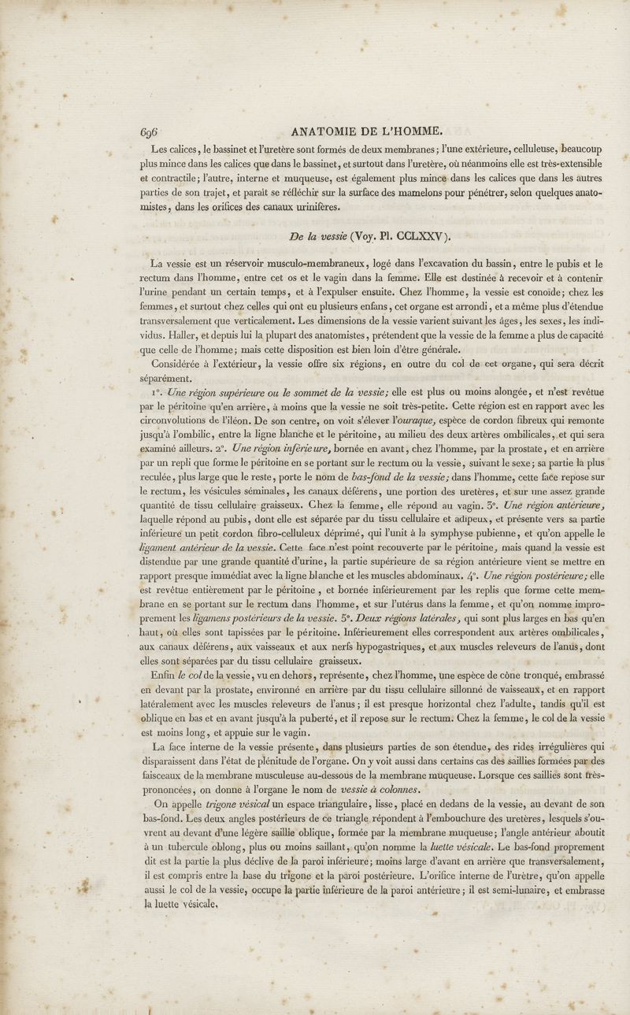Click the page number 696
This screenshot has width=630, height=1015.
(x=150, y=132)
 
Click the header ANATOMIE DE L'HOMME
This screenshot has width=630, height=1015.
(x=368, y=132)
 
